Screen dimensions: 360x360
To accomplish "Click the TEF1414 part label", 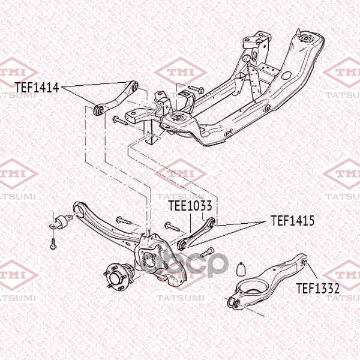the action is pos(37,88).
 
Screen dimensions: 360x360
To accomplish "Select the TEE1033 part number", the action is pos(190,205).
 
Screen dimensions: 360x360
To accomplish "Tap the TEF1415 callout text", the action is pos(293,221).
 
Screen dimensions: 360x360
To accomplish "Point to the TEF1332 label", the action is pos(317,289).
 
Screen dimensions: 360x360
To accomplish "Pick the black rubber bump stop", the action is pos(241,269).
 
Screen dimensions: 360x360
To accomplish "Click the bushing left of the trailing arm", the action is pos(61,221).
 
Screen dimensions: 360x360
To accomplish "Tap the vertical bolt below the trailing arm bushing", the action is pos(53,244).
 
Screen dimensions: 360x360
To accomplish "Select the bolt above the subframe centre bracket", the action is pos(196,89).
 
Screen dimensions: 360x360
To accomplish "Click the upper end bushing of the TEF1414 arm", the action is pos(135,86).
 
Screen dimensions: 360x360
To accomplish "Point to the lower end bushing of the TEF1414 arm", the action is pos(98,110).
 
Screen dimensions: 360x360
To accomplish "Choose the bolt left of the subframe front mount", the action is pos(120,121).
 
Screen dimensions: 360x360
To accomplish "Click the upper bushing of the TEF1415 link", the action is pos(212,221).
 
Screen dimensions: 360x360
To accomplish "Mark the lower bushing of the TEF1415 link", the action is pos(182,246).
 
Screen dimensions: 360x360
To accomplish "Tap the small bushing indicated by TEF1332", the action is pos(304,262).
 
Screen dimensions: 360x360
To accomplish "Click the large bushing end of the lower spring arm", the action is pos(233,303).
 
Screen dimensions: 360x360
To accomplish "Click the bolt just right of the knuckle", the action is pos(207,253).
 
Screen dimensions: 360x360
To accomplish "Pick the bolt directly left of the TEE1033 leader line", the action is pos(172,226).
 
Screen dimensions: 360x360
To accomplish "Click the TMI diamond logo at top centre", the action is pos(181,73).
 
